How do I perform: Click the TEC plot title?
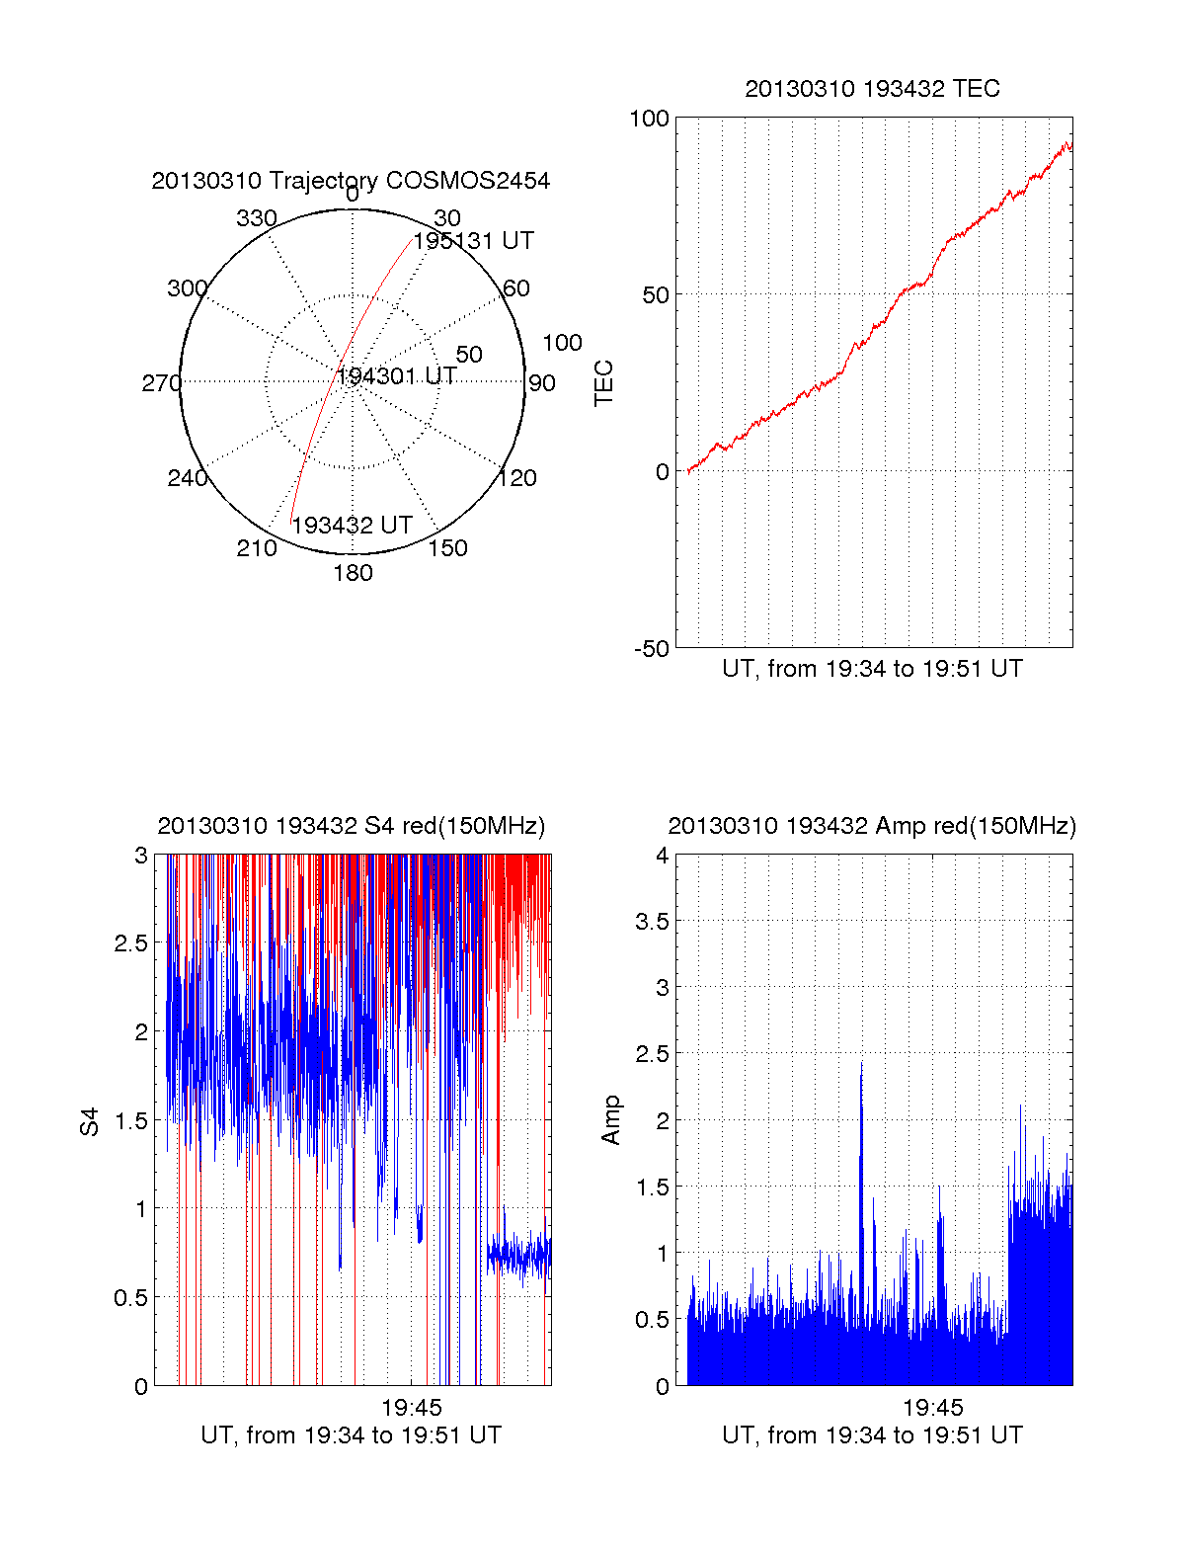872,89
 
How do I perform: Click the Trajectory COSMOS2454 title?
351,181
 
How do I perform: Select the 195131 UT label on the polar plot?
473,241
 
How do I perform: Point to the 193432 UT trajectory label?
352,526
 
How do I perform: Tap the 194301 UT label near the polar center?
397,376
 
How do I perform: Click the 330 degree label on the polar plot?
256,218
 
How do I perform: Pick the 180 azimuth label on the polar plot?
353,573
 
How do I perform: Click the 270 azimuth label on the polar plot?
161,383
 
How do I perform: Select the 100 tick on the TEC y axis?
649,119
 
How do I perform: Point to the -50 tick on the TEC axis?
651,649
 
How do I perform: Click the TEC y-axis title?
603,383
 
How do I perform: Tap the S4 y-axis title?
90,1121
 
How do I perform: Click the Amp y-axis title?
611,1119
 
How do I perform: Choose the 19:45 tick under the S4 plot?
412,1408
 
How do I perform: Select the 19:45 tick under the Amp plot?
933,1408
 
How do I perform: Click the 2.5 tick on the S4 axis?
130,943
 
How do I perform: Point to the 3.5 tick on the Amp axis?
652,922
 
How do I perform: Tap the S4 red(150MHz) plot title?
351,826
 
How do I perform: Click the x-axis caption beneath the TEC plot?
872,669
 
